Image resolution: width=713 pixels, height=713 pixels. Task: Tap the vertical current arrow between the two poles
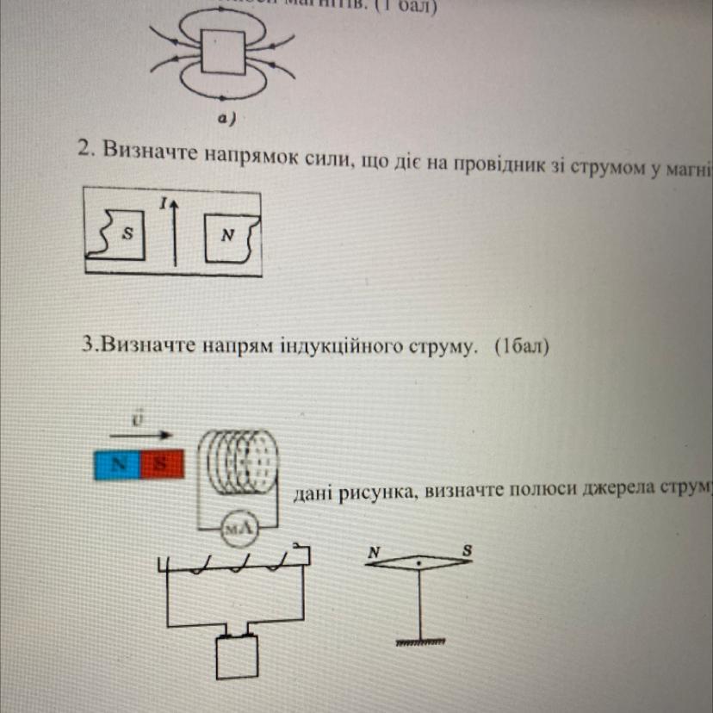pyautogui.click(x=174, y=232)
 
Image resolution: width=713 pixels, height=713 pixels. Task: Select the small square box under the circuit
pyautogui.click(x=236, y=659)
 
